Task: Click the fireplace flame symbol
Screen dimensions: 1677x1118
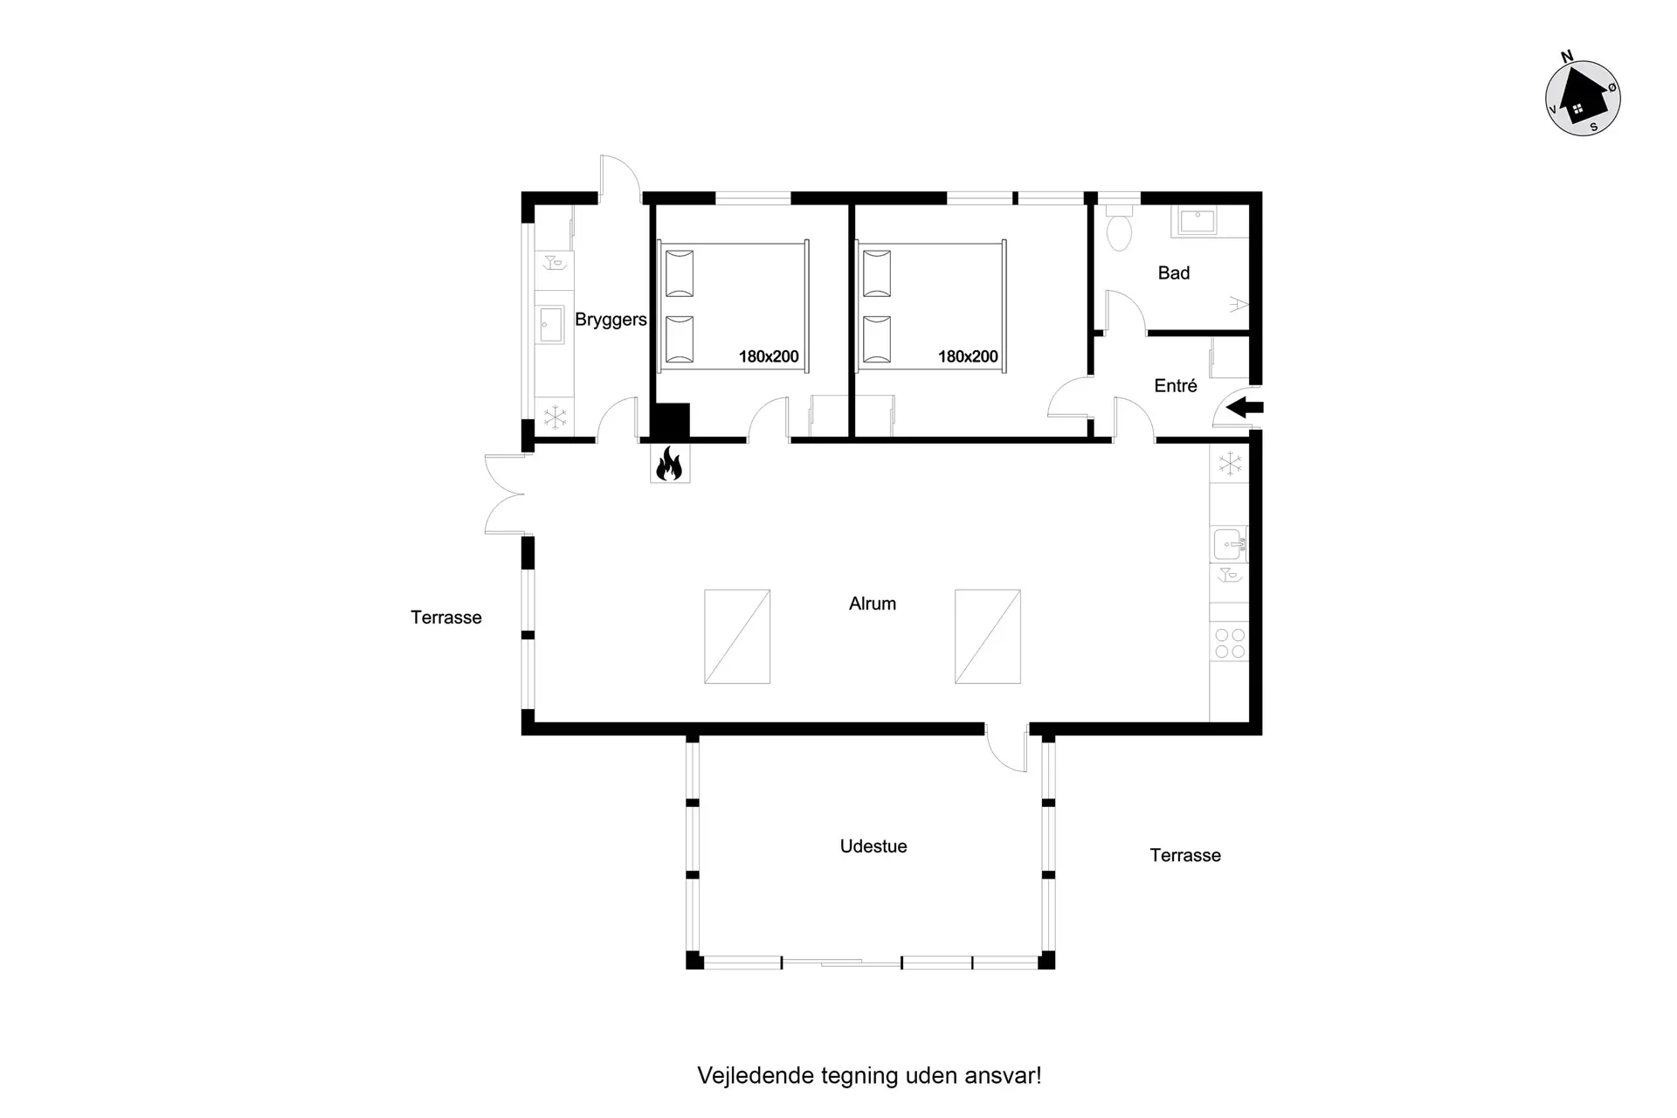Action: [x=669, y=464]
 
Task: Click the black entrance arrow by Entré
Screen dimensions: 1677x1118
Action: [x=1245, y=407]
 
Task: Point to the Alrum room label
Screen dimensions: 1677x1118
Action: [x=873, y=604]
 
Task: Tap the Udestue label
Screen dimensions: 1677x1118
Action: [x=873, y=846]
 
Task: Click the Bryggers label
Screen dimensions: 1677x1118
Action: [x=611, y=321]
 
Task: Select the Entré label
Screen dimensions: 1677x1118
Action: [x=1176, y=386]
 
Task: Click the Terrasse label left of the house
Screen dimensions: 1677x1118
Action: [x=446, y=618]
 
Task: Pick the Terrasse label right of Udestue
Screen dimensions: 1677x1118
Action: [x=1185, y=856]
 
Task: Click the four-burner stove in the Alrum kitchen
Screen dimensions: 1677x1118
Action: [x=1230, y=644]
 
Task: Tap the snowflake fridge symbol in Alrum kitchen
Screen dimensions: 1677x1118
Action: [x=1230, y=463]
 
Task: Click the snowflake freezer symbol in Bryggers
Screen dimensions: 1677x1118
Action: [x=555, y=417]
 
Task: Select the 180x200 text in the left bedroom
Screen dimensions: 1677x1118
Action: [x=769, y=356]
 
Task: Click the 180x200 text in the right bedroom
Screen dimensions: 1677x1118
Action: [x=968, y=356]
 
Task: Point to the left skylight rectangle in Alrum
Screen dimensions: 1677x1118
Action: [x=737, y=637]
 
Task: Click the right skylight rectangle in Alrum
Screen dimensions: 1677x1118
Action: [x=988, y=637]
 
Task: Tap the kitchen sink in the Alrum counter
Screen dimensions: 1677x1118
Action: [x=1229, y=544]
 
